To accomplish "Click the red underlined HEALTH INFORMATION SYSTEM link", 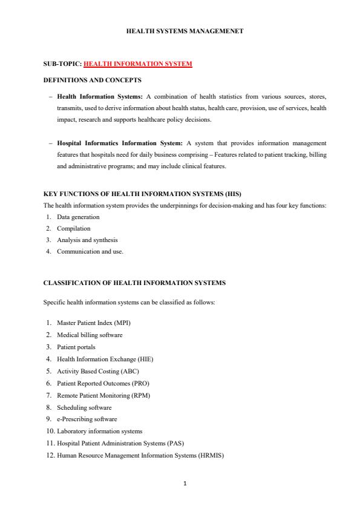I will click(137, 64).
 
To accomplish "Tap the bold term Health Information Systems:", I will click(100, 96).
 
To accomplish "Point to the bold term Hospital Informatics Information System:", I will click(120, 143).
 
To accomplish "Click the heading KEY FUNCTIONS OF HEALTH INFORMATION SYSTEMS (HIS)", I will click(142, 194).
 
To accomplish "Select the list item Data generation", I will click(78, 217).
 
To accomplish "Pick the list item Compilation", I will click(73, 228).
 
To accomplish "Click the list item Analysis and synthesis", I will click(87, 240).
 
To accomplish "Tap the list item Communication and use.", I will click(90, 252).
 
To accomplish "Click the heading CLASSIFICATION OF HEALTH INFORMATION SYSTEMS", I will click(134, 283).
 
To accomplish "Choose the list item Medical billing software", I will click(90, 335).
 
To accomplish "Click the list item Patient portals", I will click(76, 347).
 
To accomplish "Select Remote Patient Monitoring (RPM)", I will click(103, 395).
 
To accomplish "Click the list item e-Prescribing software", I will click(87, 419).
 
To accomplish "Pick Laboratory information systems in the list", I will click(100, 431).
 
